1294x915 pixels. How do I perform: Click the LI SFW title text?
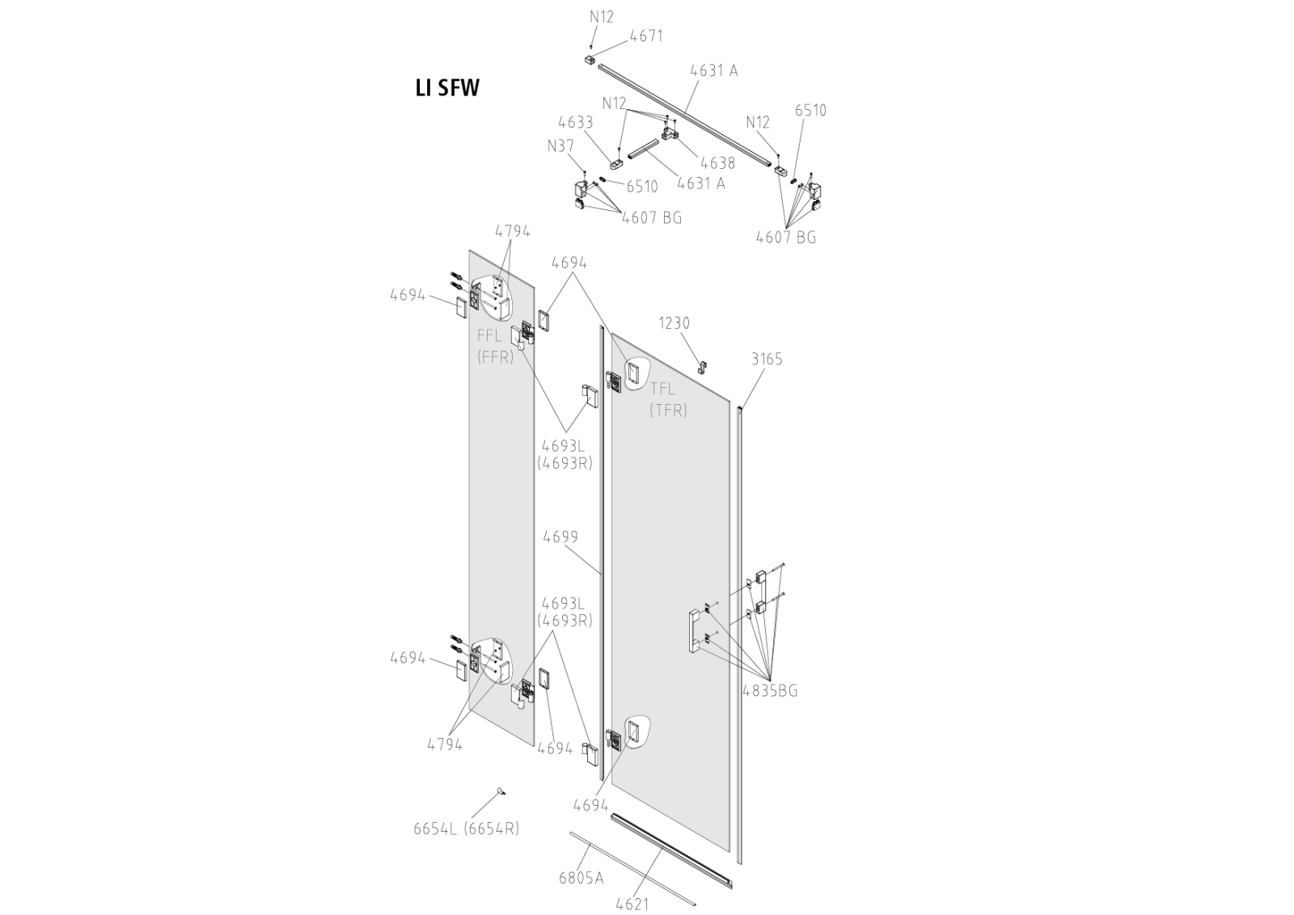pos(447,88)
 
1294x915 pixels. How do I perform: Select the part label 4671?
pos(646,36)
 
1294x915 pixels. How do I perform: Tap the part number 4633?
pos(575,122)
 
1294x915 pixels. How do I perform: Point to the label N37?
pos(560,145)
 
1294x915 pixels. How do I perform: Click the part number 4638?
pos(717,162)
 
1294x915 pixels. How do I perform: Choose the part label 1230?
pos(674,323)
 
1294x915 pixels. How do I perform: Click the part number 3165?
pos(766,358)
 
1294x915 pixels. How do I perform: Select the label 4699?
pos(560,537)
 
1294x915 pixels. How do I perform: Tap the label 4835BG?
pos(770,690)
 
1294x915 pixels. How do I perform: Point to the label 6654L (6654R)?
pos(466,828)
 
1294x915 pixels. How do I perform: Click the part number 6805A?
pos(581,877)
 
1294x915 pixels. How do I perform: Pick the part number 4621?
pos(632,903)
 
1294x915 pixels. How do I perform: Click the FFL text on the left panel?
pos(489,335)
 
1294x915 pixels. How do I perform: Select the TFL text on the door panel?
pos(663,389)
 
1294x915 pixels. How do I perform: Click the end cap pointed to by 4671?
pos(590,60)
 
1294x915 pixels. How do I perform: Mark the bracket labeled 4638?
pos(670,133)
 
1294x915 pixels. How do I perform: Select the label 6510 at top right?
pos(810,111)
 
